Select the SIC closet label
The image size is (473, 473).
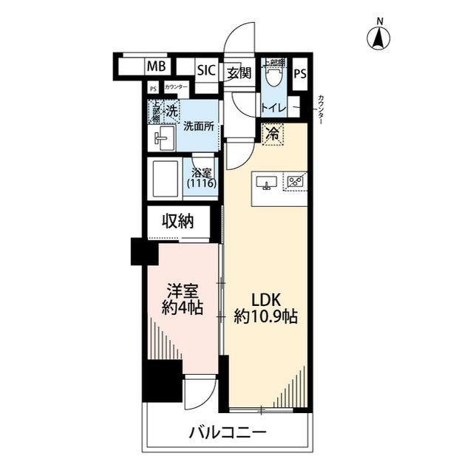[205, 71]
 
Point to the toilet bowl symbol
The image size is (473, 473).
[276, 73]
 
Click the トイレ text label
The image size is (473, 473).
[273, 109]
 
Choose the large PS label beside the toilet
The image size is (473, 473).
[300, 74]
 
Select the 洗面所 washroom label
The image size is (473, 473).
[199, 126]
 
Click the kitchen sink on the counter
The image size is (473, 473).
[265, 182]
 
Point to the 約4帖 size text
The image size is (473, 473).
[183, 307]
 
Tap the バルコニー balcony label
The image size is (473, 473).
[226, 433]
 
